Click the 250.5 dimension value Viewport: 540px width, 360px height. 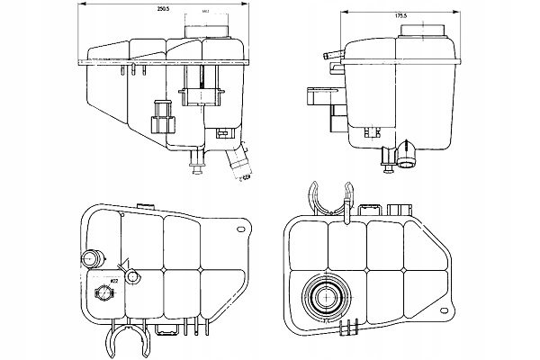pyautogui.click(x=162, y=7)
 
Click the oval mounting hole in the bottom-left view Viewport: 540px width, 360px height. pyautogui.click(x=244, y=231)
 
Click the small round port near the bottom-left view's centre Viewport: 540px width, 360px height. pyautogui.click(x=131, y=277)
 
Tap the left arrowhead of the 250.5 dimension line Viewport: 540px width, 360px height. pyautogui.click(x=84, y=13)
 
